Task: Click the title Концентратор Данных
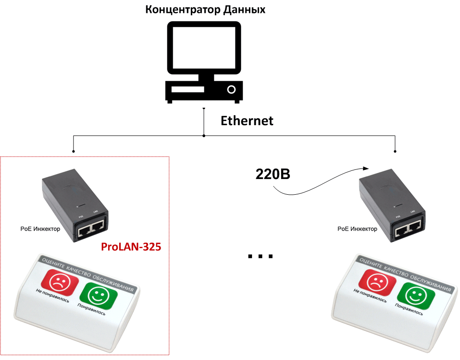coord(205,9)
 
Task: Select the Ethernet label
coord(247,121)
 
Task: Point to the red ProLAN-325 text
coord(131,247)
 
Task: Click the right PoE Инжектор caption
coord(357,229)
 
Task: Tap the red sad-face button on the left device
coord(59,282)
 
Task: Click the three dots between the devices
coord(260,256)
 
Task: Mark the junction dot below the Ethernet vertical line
coord(204,136)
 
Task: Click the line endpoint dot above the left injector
coord(73,151)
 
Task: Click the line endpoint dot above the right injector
coord(395,151)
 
